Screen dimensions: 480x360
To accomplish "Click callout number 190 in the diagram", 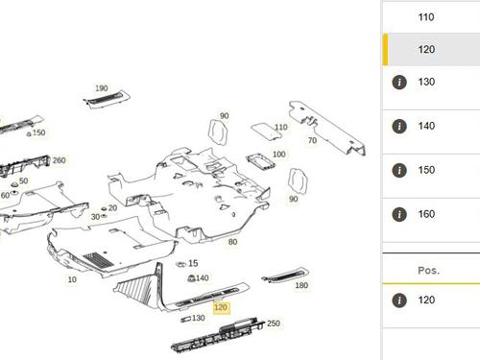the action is click(102, 88).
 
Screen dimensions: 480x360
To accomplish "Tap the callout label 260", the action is click(59, 160).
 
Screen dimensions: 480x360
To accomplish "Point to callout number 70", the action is click(312, 140).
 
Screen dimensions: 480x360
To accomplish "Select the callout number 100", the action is click(279, 155).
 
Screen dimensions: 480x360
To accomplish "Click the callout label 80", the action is click(232, 242).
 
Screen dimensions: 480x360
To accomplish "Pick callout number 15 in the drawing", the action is click(193, 263).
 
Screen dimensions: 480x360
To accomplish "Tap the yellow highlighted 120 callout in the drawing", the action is click(221, 307).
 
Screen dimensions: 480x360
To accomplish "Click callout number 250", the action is click(274, 324).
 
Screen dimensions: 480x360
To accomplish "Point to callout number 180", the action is click(301, 285).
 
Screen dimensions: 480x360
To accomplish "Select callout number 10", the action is click(72, 279).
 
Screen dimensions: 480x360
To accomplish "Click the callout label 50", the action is click(23, 180).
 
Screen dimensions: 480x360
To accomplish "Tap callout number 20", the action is click(112, 208).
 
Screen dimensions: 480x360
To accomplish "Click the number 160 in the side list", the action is click(426, 214).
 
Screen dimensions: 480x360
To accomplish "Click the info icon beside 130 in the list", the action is click(399, 83).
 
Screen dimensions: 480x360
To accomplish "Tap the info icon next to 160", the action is click(399, 215).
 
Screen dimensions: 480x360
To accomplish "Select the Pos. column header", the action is click(429, 271).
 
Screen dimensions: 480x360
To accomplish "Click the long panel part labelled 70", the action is click(327, 129).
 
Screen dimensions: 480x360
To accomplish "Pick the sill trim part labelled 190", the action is click(107, 100).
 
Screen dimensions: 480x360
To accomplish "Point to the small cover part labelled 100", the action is click(260, 162).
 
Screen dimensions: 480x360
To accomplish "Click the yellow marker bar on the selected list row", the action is click(385, 49).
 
